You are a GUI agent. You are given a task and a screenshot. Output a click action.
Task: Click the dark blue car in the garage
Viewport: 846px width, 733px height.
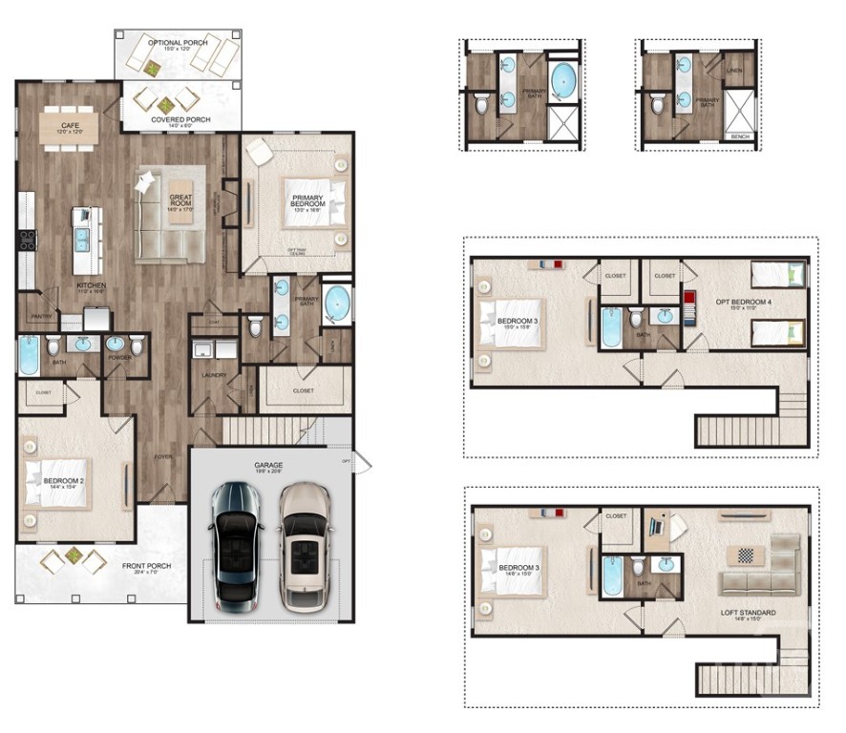(235, 545)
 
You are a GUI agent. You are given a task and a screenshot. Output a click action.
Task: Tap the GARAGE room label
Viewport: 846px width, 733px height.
(268, 467)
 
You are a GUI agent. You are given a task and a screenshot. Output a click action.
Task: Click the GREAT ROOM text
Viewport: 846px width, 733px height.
(180, 199)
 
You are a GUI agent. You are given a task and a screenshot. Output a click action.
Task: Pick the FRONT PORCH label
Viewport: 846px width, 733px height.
(146, 566)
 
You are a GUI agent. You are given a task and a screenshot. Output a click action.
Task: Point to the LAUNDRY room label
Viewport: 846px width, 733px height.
(213, 375)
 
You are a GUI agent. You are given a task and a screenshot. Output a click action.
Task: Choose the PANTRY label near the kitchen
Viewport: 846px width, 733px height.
(40, 316)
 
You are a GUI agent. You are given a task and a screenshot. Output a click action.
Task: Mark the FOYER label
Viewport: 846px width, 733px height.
(163, 456)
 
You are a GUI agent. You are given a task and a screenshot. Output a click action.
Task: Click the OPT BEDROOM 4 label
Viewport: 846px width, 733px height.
(736, 304)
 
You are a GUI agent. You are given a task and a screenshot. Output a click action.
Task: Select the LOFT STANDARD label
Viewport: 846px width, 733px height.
(748, 612)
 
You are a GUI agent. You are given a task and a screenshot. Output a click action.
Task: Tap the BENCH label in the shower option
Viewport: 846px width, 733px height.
(739, 136)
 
